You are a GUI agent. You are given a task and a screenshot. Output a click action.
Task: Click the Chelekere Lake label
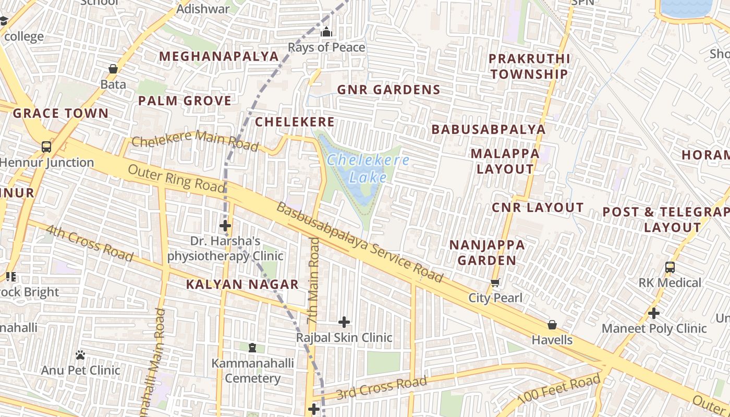coord(368,168)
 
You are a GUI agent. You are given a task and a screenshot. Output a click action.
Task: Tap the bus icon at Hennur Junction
coord(46,147)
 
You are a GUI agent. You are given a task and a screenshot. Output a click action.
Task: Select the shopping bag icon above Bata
coord(113,69)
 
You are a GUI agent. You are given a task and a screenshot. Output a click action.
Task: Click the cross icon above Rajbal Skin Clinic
coord(344,322)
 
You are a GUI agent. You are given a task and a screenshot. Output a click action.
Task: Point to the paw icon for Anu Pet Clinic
coord(80,355)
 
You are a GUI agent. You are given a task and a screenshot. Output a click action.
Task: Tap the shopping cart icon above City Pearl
coord(495,283)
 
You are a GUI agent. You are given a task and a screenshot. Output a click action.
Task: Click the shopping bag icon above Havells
coord(552,325)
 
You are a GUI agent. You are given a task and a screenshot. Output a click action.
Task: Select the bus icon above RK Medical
coord(670,267)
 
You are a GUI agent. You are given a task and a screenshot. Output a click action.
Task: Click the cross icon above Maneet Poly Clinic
coord(654,313)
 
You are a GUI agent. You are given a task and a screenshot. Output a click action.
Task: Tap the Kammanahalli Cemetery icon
coord(252,348)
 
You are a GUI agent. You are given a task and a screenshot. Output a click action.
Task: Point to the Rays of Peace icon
coord(326,32)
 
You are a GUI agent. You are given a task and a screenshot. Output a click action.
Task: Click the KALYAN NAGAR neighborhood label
coord(242,285)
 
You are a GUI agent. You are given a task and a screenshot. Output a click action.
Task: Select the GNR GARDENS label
coord(388,90)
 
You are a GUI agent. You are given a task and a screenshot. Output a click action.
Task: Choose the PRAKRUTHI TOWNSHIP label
coord(529,66)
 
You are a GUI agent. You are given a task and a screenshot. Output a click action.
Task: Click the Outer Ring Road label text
coord(176,177)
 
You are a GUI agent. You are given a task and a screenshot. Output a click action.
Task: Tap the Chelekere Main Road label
coord(194,140)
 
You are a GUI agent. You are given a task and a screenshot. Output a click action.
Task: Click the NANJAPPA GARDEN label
coord(487,252)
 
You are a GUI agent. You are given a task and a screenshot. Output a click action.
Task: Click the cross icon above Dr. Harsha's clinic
coord(225,226)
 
